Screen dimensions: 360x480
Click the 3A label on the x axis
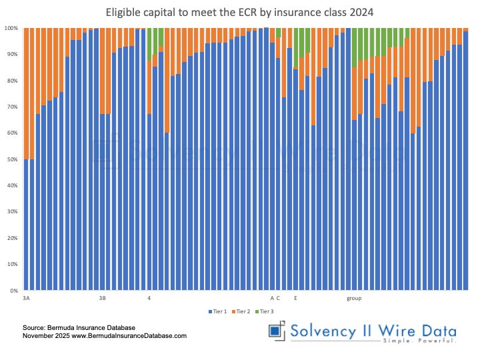click(x=26, y=298)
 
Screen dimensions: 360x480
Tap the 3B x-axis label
click(x=103, y=298)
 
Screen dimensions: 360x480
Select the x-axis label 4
click(x=149, y=298)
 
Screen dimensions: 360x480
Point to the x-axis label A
click(x=272, y=298)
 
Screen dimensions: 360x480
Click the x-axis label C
click(x=278, y=298)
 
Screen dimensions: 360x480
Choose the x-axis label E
click(x=295, y=298)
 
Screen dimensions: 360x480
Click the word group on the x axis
click(x=354, y=298)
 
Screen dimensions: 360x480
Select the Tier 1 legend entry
click(x=218, y=311)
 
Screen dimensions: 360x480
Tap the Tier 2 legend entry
click(x=241, y=311)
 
